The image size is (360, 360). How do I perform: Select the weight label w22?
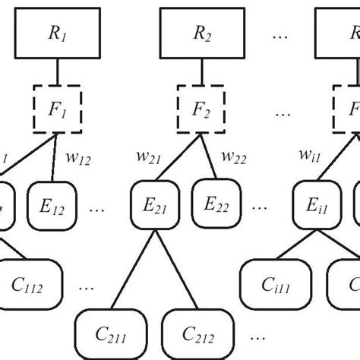[x=234, y=157]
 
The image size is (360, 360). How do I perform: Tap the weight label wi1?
[x=310, y=157]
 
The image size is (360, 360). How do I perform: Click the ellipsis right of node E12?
[x=96, y=207]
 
